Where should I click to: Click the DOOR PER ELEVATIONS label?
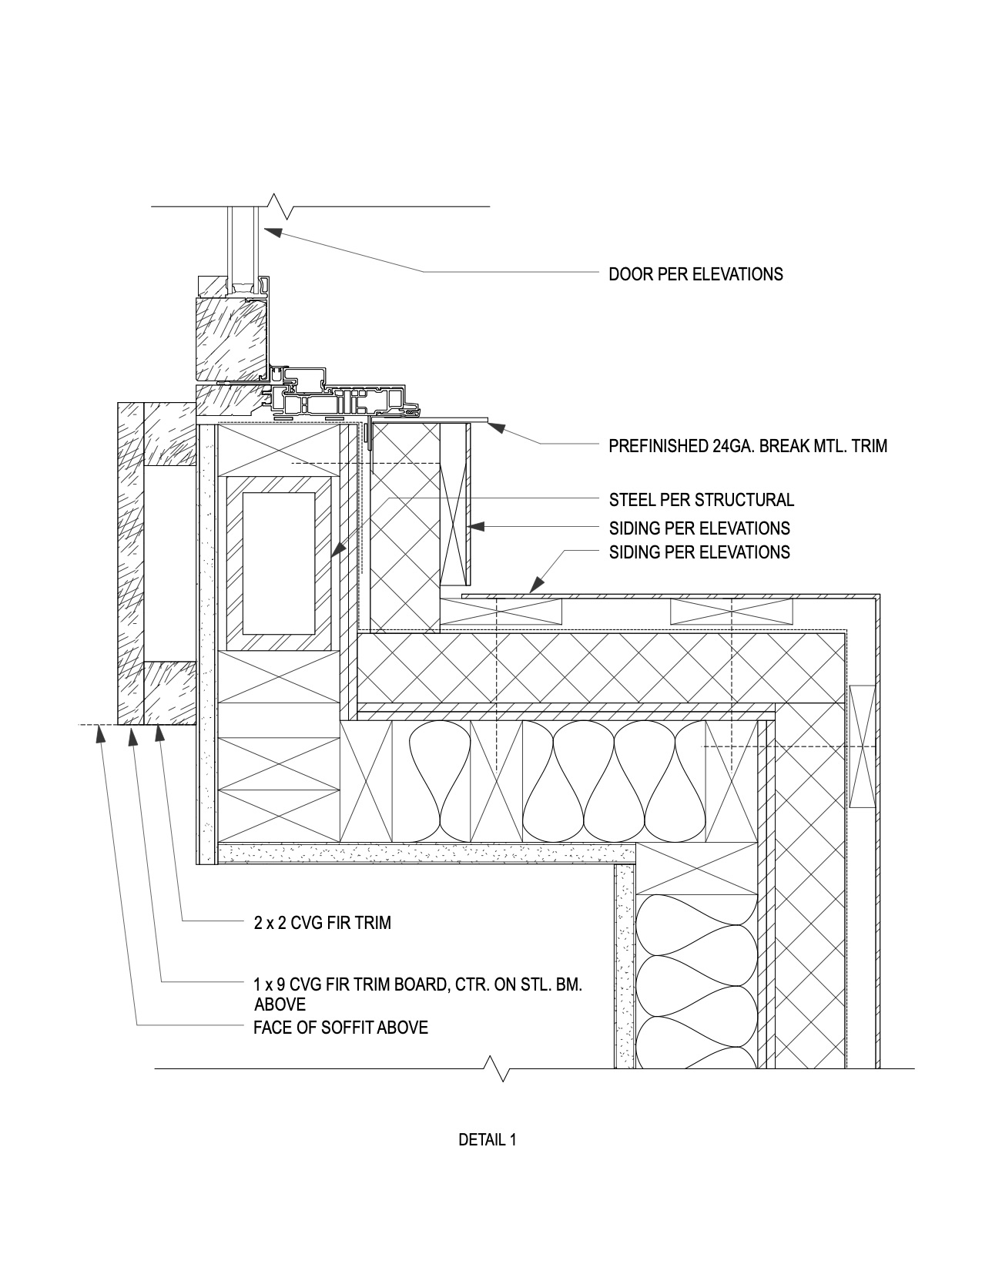tap(695, 274)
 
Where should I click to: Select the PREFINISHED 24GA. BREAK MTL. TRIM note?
tap(748, 446)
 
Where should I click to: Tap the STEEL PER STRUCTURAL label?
tap(702, 500)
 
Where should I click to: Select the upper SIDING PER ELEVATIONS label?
tap(699, 528)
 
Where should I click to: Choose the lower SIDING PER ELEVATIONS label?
tap(699, 552)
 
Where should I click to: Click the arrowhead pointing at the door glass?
tap(272, 232)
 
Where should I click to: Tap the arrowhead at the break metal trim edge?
tap(496, 426)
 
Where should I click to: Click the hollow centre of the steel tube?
tap(278, 563)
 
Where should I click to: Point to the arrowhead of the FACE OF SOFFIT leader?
tap(100, 733)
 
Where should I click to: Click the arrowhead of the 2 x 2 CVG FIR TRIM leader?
tap(159, 733)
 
